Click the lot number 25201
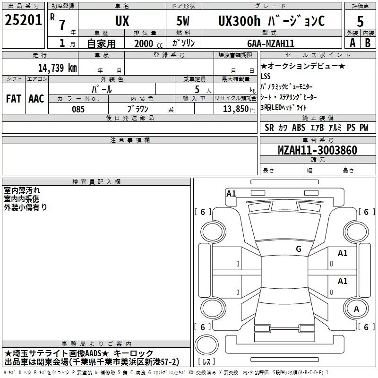click(23, 20)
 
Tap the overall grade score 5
click(360, 21)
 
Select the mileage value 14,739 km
click(58, 68)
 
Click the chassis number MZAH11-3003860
click(318, 150)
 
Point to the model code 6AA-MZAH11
click(271, 43)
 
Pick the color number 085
click(78, 109)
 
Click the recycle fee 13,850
click(235, 109)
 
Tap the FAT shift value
click(14, 99)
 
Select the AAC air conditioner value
click(36, 99)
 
